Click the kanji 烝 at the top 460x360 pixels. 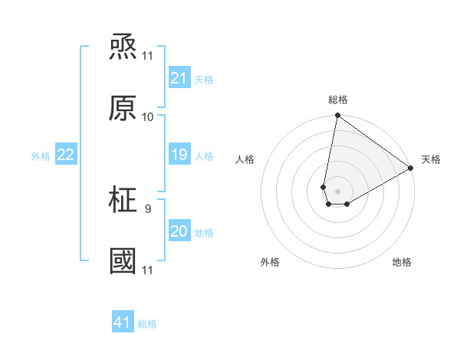coord(123,47)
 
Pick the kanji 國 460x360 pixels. coord(123,261)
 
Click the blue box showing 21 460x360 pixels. coord(179,78)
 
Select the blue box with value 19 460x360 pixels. coord(179,155)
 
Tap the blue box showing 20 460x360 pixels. coord(179,231)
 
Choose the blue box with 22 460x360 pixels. coord(66,155)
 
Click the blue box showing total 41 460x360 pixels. coord(123,322)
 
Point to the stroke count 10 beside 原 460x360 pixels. coord(147,117)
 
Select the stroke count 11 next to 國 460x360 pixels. coord(147,270)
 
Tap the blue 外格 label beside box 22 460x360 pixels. coord(41,155)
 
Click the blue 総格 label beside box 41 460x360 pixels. coord(147,324)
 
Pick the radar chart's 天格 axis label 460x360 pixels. coord(431,159)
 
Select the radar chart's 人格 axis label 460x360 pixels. coord(245,159)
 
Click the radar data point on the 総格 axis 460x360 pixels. coord(337,116)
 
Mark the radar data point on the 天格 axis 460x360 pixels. coord(411,169)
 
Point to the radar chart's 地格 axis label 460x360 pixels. coord(402,262)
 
